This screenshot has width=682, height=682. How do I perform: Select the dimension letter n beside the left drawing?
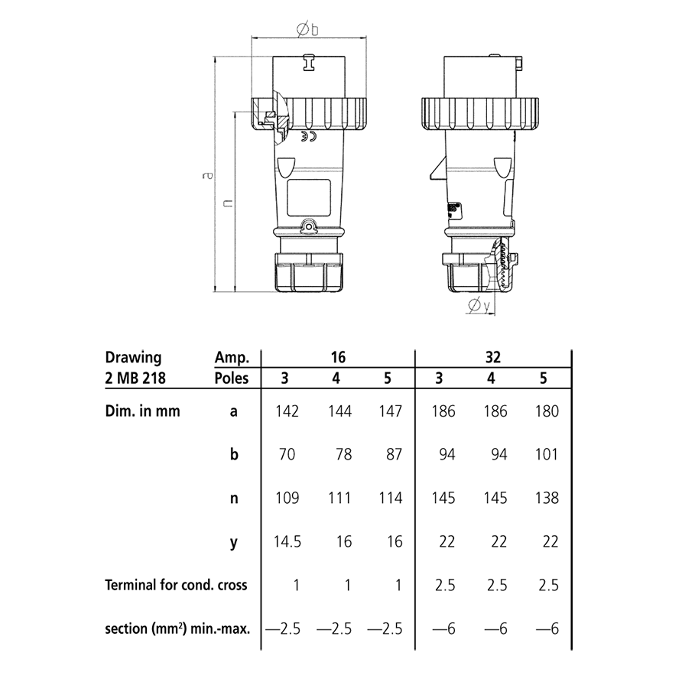[227, 203]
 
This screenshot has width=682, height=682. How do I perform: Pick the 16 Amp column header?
[339, 357]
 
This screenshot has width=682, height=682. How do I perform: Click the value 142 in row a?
[287, 411]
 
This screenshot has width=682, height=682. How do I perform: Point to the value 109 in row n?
[287, 499]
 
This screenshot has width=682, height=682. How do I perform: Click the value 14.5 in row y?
[287, 542]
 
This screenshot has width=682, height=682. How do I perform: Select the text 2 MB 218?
[135, 377]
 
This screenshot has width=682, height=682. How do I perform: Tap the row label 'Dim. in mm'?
[142, 411]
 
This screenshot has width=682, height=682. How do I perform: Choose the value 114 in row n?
[391, 499]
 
